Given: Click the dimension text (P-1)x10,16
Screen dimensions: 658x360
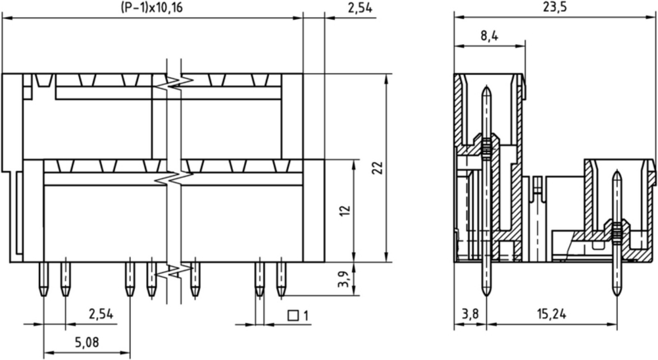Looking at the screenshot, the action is pos(151,8).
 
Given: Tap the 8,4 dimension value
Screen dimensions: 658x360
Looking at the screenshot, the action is pos(490,36).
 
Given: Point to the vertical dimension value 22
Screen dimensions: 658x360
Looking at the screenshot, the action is pos(378,168).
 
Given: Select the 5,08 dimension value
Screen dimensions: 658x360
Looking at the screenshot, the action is pos(87,342).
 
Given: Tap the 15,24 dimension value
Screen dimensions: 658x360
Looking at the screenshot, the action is pos(551,313).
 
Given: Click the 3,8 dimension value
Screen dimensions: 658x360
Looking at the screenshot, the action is pos(470,313).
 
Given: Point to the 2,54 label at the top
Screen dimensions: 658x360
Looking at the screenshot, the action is pos(360,8).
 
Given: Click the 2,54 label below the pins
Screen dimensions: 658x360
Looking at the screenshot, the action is pos(101,313).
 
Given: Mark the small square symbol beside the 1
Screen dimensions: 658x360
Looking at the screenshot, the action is pos(293,315).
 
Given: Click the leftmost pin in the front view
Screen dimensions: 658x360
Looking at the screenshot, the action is pos(43,279).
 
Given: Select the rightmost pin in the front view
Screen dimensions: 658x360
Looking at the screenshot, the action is pos(281,279).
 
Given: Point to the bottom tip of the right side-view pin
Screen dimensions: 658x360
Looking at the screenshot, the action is pos(617,295).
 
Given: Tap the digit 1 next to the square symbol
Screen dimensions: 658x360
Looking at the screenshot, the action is pos(305,315).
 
